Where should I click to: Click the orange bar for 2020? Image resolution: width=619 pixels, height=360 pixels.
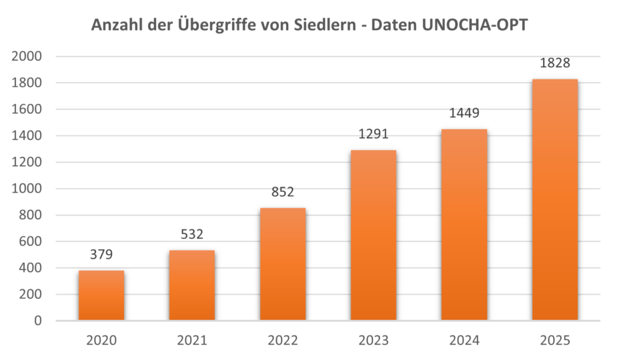coord(101,295)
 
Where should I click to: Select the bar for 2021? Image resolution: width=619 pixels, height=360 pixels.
coord(192,285)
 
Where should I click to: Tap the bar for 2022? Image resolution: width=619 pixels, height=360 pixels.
coord(283,264)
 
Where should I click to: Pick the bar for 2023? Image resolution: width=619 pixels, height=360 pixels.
coord(374,235)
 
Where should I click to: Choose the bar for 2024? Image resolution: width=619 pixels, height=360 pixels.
coord(464,225)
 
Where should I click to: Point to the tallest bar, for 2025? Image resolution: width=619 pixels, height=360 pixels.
coord(555,200)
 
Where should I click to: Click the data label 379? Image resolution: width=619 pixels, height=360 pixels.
coord(101,254)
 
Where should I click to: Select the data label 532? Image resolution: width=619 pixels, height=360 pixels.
coord(192,234)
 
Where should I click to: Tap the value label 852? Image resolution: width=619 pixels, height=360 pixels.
coord(283,192)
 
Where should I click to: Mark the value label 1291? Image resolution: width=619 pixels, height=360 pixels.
coord(374,134)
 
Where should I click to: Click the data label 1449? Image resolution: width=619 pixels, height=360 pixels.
coord(464,113)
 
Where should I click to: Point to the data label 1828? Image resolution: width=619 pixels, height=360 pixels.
coord(555,63)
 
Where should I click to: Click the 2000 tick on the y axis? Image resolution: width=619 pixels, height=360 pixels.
coord(27,57)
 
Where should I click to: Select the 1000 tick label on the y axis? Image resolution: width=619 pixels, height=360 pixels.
coord(27,189)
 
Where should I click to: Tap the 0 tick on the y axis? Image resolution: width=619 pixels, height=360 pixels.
coord(38,321)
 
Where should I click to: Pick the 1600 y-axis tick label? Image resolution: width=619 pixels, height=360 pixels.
coord(27,109)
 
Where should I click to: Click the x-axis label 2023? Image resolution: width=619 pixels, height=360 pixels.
coord(374,341)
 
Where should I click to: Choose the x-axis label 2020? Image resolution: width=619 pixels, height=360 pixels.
coord(101,341)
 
